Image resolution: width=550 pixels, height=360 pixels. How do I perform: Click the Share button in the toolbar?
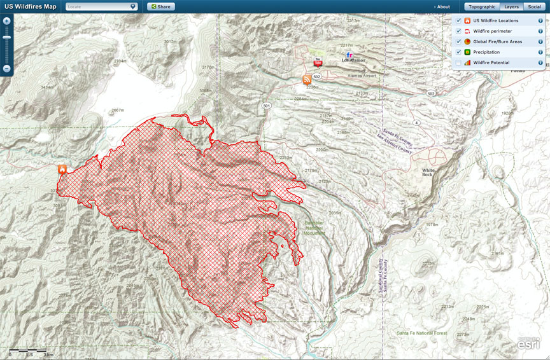coord(161,6)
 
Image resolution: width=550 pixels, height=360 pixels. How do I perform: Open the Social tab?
coord(534,6)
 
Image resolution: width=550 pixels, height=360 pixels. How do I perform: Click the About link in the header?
coord(442,6)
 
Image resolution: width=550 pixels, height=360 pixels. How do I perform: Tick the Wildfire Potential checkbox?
coord(458,63)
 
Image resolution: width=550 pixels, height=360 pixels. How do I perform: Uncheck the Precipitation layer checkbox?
coord(458,52)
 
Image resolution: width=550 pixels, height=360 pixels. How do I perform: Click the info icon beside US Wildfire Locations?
coord(540,21)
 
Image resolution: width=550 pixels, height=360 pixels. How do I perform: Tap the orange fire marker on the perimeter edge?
coord(62,169)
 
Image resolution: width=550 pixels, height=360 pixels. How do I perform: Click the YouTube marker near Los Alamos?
coord(318,62)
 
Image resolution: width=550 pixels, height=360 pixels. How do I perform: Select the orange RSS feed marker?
coord(307,80)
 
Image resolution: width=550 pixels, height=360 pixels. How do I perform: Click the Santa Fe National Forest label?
coord(421,333)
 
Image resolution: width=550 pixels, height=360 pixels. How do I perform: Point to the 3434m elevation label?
coord(46,87)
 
